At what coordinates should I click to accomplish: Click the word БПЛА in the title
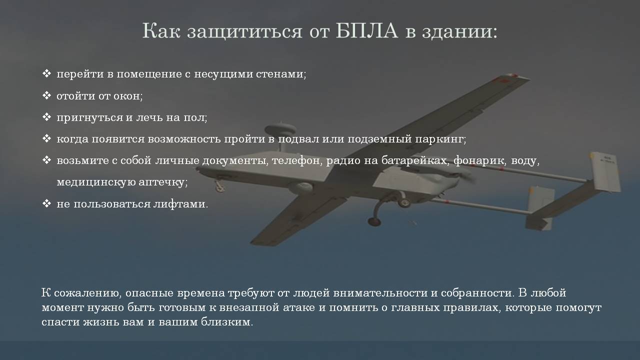[x=367, y=30]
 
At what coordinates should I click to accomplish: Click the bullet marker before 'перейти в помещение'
[x=46, y=73]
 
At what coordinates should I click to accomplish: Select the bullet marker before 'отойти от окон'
[x=46, y=95]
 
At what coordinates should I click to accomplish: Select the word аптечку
[x=163, y=182]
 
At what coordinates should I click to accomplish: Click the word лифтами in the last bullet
[x=180, y=204]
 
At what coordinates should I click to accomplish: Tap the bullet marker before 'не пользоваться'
[x=46, y=203]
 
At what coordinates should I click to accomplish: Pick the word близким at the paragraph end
[x=227, y=322]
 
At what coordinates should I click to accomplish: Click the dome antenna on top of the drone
[x=280, y=129]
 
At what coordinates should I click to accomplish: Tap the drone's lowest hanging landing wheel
[x=374, y=221]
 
